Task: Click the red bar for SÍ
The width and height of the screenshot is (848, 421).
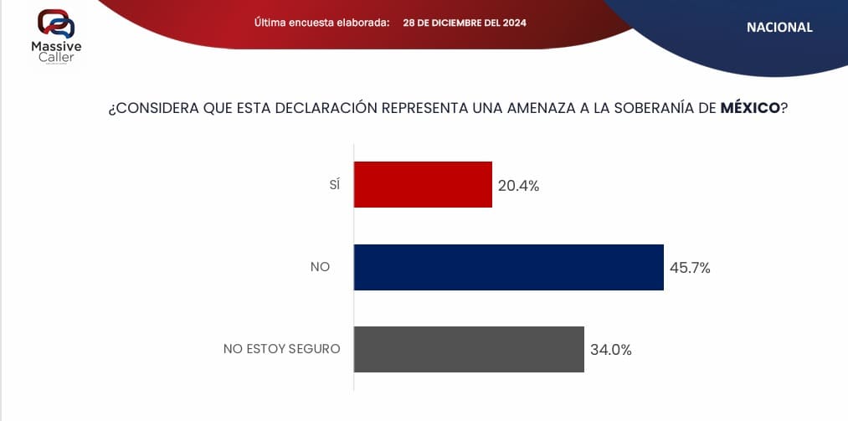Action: click(x=423, y=184)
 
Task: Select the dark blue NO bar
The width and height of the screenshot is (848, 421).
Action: click(x=508, y=267)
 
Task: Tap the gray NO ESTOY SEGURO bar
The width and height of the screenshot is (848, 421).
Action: click(x=468, y=349)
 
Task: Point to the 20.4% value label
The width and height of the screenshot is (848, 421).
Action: click(x=518, y=186)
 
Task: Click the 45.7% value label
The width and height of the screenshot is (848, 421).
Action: click(x=690, y=268)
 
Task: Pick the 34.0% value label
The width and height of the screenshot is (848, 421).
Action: click(x=610, y=350)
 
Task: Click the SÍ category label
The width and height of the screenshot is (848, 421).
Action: click(x=335, y=185)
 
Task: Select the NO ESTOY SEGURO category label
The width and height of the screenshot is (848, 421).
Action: click(x=281, y=349)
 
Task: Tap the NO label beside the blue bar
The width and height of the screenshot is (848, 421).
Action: click(x=320, y=267)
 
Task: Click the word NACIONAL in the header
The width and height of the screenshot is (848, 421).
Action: click(x=779, y=27)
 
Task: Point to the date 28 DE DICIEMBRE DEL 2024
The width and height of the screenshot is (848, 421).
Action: click(x=465, y=23)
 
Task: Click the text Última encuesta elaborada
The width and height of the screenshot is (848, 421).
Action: click(x=321, y=23)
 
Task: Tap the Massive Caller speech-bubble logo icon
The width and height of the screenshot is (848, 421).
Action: click(x=56, y=23)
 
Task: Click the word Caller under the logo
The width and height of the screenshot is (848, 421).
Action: click(x=56, y=57)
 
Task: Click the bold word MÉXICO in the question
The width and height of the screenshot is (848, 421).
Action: click(x=750, y=108)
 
